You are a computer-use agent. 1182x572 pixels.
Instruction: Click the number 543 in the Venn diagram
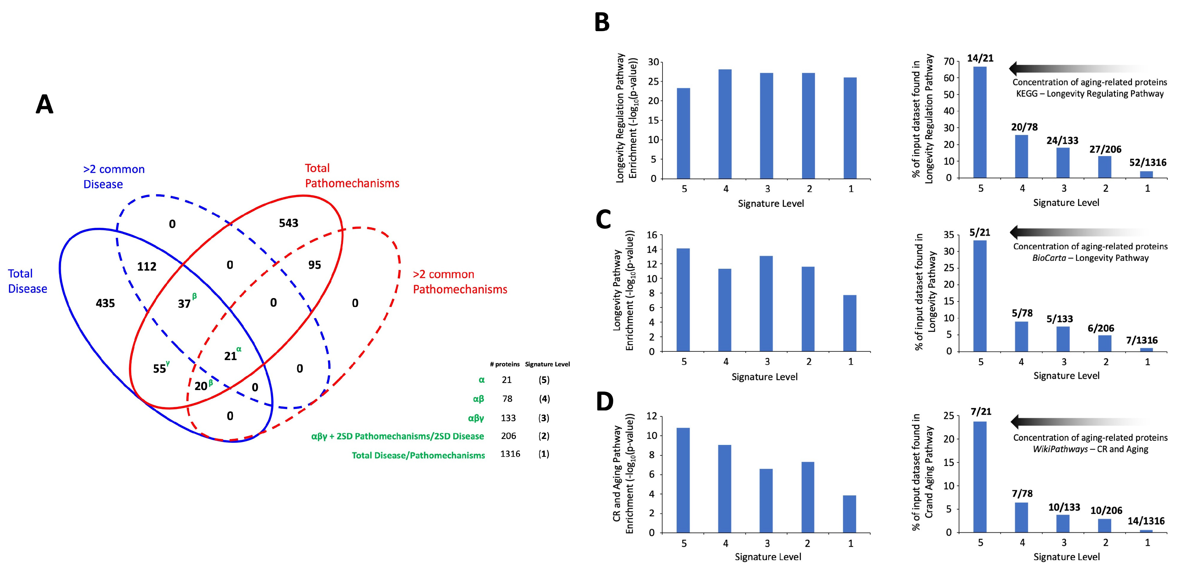289,223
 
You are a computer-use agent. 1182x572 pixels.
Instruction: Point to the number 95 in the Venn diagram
314,265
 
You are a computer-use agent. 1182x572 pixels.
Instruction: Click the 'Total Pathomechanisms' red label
352,176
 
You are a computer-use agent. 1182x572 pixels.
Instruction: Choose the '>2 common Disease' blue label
114,177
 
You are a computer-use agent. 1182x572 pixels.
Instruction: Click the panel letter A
45,104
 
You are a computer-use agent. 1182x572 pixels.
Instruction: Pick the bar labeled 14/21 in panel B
980,122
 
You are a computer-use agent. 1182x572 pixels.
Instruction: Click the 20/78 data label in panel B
1024,127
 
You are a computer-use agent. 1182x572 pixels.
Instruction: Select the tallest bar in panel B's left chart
725,124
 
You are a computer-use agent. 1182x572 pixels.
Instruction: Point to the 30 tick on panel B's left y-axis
653,62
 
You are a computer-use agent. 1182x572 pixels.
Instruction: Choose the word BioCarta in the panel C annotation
1049,258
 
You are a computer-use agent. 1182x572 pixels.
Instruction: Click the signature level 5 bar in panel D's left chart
683,480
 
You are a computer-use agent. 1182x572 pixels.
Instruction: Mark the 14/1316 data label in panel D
1146,521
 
